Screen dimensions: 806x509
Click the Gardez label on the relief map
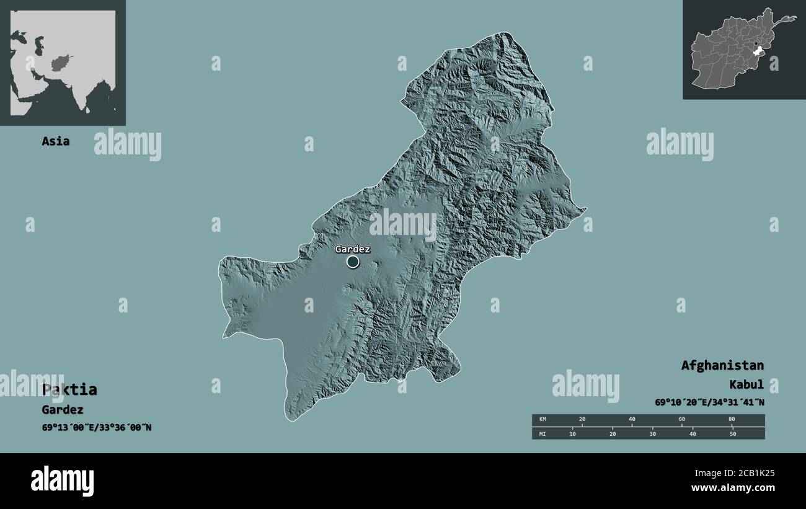(352, 249)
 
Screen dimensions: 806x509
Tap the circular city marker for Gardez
(353, 262)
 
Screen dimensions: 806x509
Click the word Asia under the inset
(55, 141)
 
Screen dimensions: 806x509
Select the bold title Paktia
(69, 389)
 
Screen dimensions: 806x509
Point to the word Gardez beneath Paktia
(62, 409)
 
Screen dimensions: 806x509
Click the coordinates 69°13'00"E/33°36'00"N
(96, 427)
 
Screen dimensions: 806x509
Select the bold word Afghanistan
(722, 365)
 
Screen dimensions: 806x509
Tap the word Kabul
(746, 384)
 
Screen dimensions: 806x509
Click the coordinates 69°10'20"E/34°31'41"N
(709, 402)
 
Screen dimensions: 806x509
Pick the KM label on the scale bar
(542, 420)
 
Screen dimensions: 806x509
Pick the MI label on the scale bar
(542, 433)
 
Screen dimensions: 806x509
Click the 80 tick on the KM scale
(732, 420)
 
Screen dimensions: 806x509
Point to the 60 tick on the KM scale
(682, 420)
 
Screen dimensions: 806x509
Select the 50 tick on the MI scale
(732, 433)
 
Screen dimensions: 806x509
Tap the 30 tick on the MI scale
(652, 433)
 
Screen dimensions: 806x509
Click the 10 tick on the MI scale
(572, 433)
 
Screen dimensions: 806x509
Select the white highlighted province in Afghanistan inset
(758, 55)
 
